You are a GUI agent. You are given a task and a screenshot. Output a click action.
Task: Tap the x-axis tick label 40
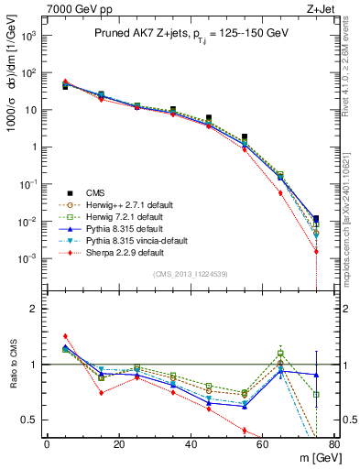tap(191, 443)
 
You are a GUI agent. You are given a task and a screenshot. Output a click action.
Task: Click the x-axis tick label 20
tap(118, 443)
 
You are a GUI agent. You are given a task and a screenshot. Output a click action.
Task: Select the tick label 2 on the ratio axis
tap(37, 309)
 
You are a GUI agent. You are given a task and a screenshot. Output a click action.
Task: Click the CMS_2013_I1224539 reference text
tap(190, 273)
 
